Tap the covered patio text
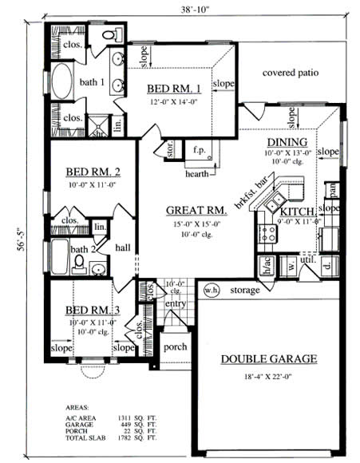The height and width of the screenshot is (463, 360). pyautogui.click(x=291, y=73)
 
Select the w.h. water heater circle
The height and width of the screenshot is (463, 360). pyautogui.click(x=211, y=289)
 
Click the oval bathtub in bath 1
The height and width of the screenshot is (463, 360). pyautogui.click(x=62, y=82)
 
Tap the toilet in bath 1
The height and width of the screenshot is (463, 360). pyautogui.click(x=114, y=34)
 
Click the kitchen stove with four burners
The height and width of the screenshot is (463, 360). pyautogui.click(x=268, y=233)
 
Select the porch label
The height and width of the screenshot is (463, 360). pyautogui.click(x=175, y=347)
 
